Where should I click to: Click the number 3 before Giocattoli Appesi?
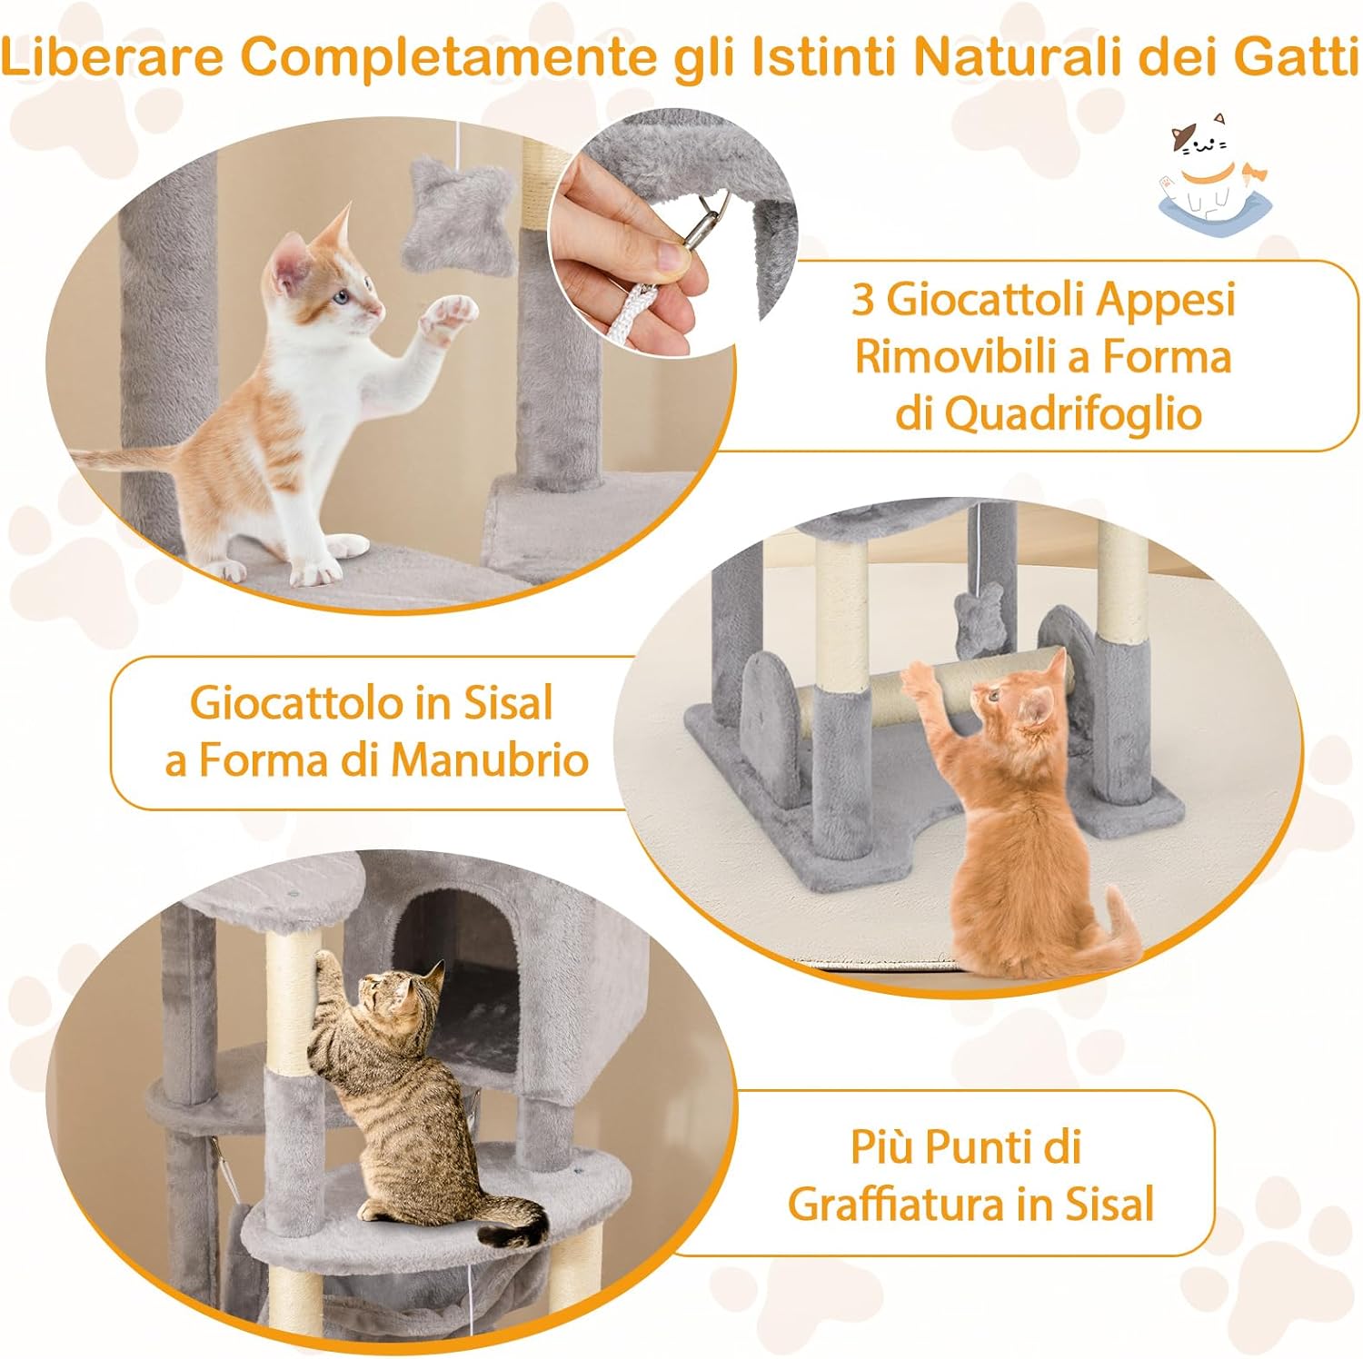(862, 299)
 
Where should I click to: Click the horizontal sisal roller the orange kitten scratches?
(845, 699)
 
